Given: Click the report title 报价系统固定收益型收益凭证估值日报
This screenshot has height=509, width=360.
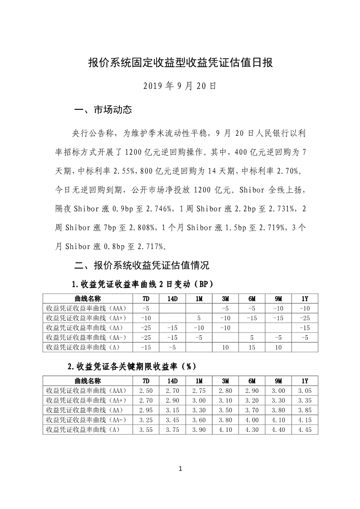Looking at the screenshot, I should [x=180, y=63].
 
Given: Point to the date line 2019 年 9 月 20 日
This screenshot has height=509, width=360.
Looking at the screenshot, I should [x=180, y=85].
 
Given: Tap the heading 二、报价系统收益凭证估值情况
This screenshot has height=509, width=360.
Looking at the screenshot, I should [x=142, y=265].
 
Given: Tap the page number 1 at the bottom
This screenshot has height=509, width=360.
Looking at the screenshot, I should [x=180, y=469].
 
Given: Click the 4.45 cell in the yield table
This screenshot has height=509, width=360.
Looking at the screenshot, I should [x=305, y=430].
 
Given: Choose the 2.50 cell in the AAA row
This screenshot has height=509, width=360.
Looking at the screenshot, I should [x=146, y=391].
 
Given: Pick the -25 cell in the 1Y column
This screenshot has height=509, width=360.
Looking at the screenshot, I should [x=305, y=318].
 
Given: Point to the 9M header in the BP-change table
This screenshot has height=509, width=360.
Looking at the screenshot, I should [x=278, y=299].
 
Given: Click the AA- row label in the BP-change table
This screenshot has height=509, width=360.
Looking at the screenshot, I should [x=86, y=338].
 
